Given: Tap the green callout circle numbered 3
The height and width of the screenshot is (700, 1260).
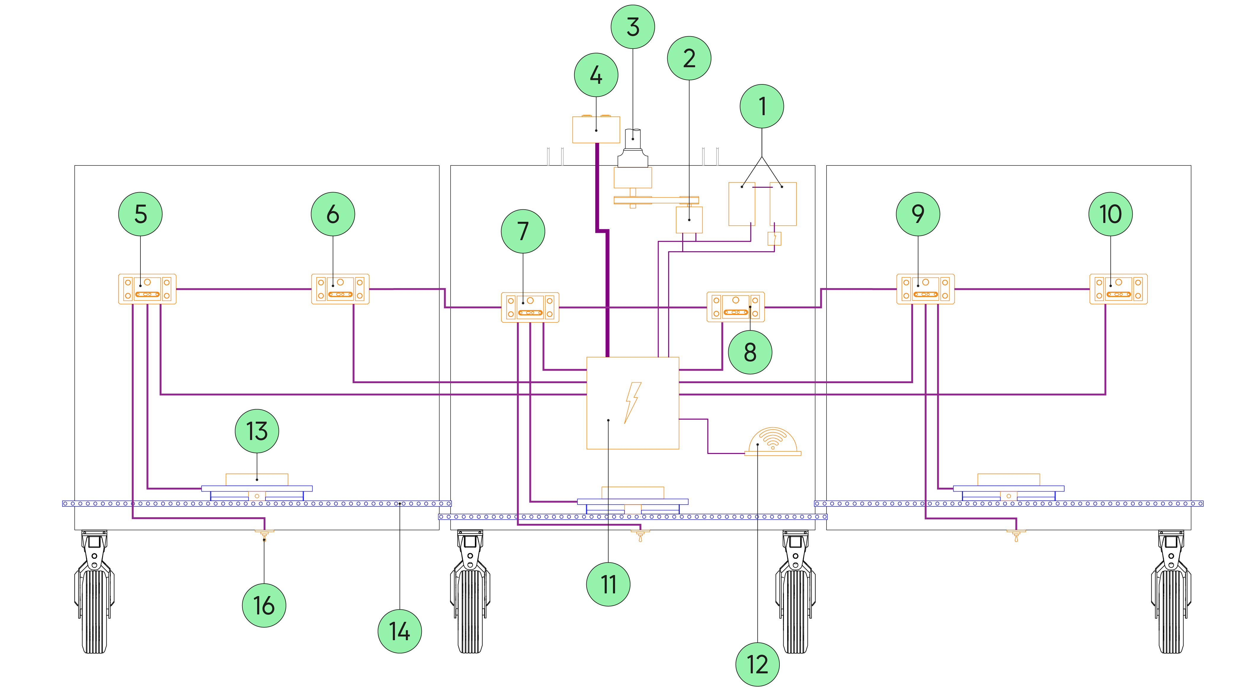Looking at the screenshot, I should point(633,27).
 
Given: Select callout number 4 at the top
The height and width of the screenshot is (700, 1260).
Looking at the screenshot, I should point(596,75).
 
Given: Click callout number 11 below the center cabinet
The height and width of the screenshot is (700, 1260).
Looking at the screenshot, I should point(608,584).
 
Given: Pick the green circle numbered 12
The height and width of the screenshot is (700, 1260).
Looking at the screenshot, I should point(757,664).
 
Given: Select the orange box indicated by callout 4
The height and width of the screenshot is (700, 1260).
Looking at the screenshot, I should point(596,129).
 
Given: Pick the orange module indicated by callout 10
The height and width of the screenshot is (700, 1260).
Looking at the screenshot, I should point(1118,289).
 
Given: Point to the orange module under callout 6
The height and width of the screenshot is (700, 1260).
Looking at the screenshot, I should point(340,289).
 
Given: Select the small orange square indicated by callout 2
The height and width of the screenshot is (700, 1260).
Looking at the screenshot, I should point(689,219).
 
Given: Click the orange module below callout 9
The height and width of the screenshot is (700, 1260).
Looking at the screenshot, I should point(925,289).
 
